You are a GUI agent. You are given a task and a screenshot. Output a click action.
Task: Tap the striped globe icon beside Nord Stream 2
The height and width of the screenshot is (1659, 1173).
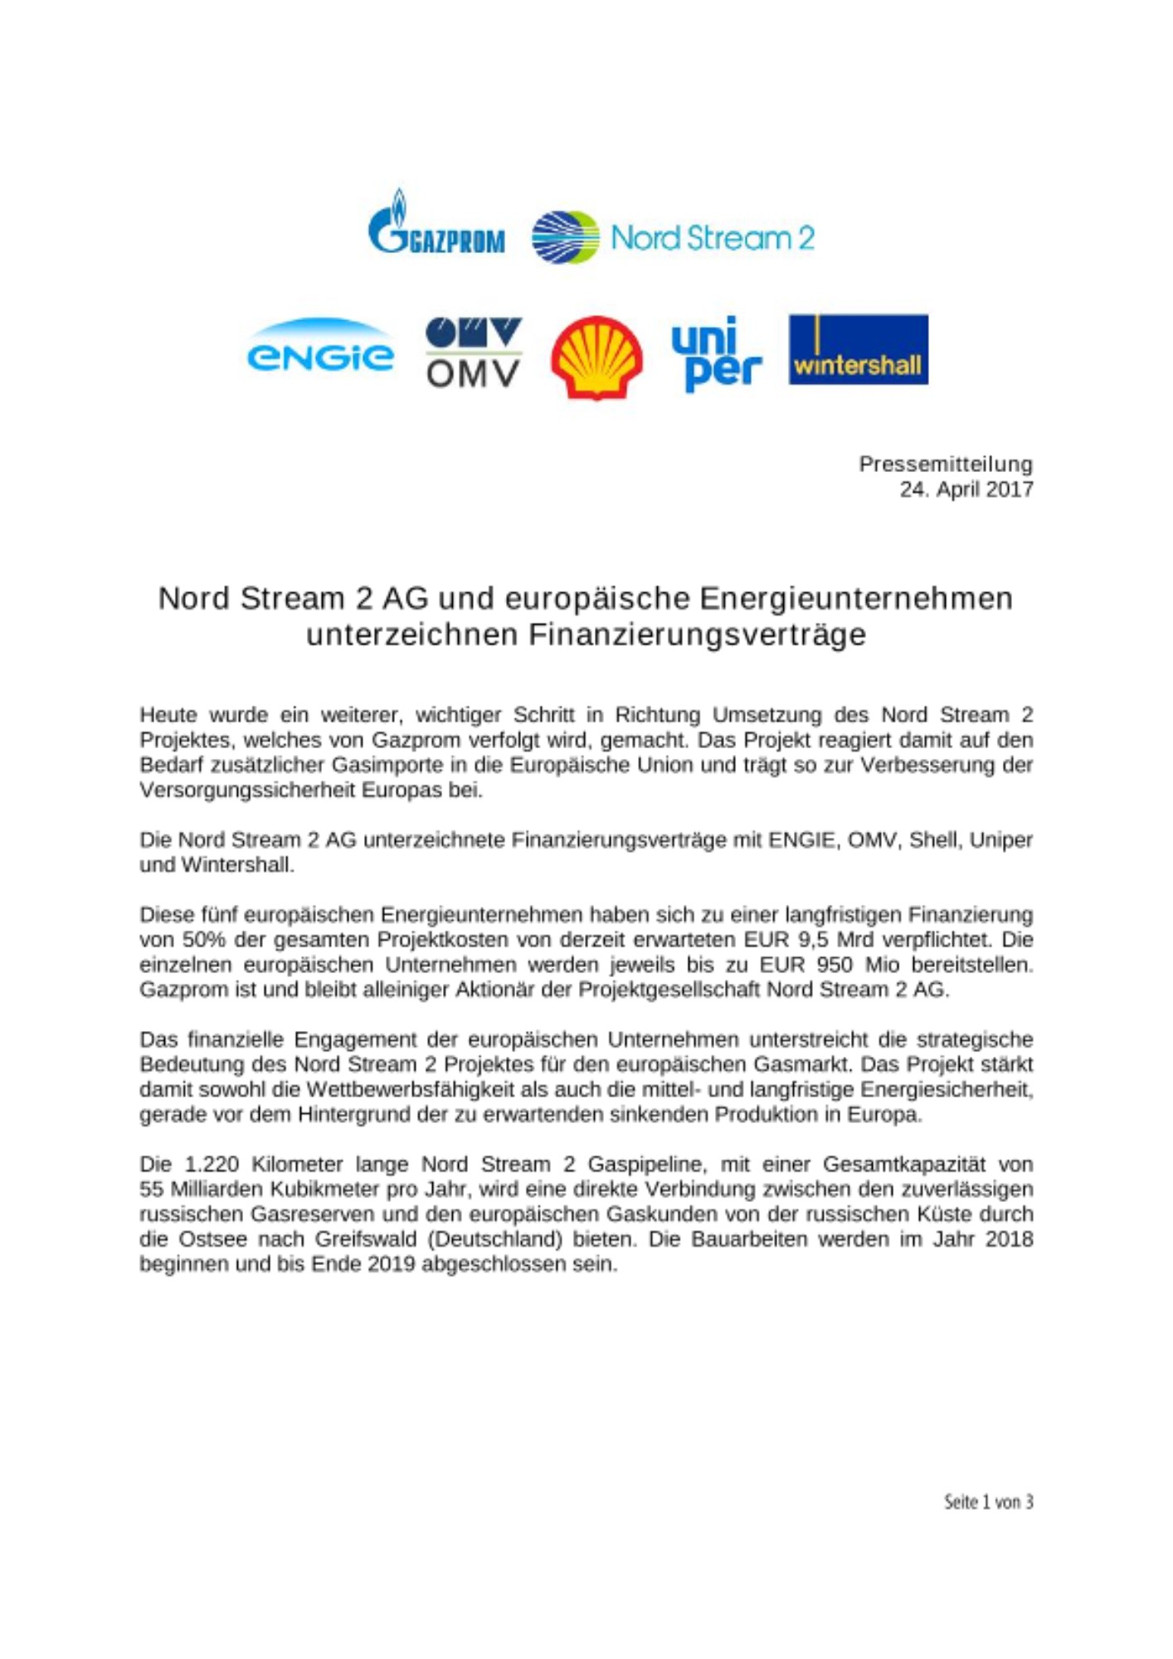pos(565,237)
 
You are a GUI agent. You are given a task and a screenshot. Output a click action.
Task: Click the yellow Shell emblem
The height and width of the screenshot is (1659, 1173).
pos(596,357)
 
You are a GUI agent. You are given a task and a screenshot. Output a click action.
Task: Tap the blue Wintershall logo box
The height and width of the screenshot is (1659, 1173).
pos(858,349)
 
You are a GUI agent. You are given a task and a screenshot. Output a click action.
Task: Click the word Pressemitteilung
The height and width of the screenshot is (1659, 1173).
pos(945,464)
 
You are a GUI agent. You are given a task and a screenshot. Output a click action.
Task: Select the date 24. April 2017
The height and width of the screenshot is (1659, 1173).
pos(966,489)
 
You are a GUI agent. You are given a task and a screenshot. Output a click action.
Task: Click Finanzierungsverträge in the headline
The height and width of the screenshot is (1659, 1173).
pos(697,635)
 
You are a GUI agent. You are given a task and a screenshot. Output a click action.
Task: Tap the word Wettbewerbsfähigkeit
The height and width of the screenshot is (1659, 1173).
pos(423,1089)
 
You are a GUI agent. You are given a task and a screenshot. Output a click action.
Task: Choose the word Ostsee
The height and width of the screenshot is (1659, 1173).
pos(212,1239)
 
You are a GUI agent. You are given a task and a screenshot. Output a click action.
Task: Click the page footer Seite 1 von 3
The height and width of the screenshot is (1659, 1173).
pos(988,1501)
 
